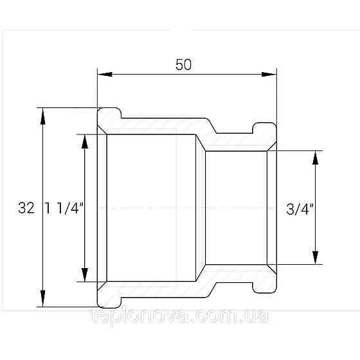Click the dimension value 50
183,65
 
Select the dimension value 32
26,208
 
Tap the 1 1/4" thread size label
64,208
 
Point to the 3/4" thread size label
300,209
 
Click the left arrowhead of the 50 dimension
105,75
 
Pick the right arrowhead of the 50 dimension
269,75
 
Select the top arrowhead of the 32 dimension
42,116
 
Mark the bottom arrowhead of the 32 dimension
42,298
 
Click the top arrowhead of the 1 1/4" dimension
85,141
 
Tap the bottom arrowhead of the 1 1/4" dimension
85,274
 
